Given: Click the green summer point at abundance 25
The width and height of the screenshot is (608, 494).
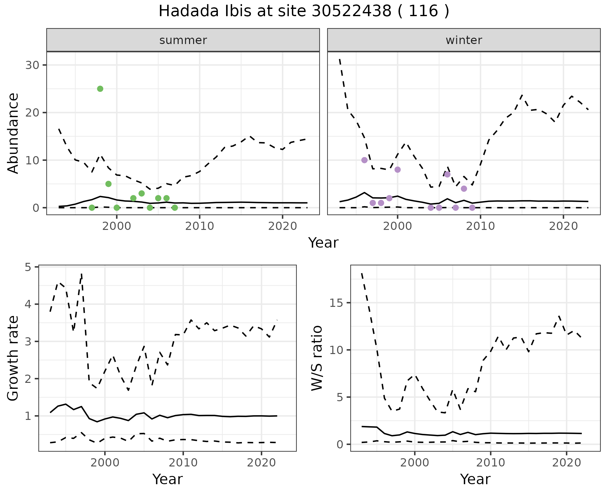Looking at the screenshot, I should (x=100, y=89).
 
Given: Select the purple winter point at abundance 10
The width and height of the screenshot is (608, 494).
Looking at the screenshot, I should (x=364, y=160).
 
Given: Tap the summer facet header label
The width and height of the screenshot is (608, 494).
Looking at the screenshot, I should (x=183, y=40).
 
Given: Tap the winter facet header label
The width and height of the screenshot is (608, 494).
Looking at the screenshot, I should (x=464, y=40).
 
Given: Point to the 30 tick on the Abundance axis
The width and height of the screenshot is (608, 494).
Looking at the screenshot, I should (x=32, y=65).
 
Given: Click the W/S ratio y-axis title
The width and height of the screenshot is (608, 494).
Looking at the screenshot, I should (x=317, y=358).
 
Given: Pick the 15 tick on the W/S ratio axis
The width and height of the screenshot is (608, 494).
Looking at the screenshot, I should (x=336, y=303).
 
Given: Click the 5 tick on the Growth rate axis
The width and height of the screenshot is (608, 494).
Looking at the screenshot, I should (x=28, y=268).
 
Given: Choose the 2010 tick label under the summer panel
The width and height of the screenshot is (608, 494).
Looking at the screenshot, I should (x=199, y=226).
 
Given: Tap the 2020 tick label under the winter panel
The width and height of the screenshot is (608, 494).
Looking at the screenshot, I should (x=564, y=226).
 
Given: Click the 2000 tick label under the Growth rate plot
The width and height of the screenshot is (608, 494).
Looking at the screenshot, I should (x=105, y=463).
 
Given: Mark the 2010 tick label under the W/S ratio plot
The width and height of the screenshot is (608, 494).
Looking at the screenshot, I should (x=491, y=463).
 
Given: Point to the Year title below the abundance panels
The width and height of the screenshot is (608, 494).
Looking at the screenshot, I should (x=323, y=243).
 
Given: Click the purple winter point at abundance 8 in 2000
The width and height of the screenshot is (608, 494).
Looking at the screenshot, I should (x=398, y=170).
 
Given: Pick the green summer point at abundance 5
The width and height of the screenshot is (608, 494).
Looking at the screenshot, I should (x=108, y=184).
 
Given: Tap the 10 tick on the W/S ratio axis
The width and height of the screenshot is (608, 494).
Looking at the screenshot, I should (x=336, y=350).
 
